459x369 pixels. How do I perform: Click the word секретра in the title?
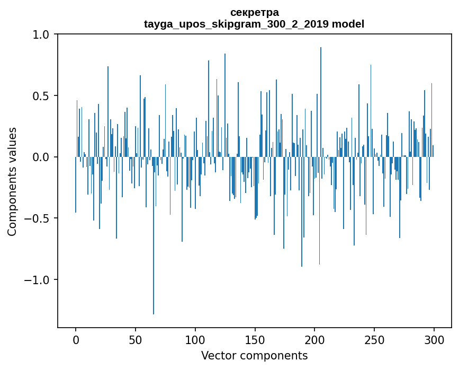point(254,12)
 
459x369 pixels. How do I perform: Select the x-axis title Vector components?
point(254,355)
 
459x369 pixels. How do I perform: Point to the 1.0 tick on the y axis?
point(41,34)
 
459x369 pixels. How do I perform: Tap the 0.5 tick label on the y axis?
point(41,96)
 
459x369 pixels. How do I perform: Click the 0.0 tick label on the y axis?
point(41,157)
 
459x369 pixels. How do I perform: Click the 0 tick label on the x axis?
point(76,339)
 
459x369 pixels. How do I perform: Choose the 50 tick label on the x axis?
point(136,339)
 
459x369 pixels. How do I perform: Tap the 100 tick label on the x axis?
point(195,339)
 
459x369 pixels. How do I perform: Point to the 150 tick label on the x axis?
point(255,339)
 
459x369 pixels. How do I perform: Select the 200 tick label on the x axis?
point(314,339)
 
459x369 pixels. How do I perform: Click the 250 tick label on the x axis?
point(374,339)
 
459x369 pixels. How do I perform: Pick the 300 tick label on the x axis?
point(434,339)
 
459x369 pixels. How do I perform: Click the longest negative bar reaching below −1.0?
point(154,239)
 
